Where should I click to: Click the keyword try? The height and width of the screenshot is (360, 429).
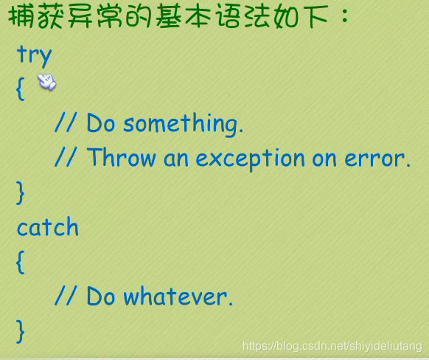[34, 56]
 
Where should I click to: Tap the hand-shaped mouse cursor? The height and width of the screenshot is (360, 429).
[46, 81]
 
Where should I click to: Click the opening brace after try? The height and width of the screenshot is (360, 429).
[21, 89]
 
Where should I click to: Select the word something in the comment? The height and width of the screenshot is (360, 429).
[183, 124]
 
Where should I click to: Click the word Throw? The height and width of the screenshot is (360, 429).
[121, 157]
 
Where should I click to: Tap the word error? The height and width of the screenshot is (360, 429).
[377, 159]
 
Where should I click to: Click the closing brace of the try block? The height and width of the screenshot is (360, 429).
[21, 193]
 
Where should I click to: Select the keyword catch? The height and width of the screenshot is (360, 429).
[48, 226]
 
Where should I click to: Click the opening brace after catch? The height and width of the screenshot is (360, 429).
[21, 262]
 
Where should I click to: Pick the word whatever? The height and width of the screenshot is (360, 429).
[178, 296]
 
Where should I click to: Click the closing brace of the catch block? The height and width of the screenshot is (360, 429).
[21, 331]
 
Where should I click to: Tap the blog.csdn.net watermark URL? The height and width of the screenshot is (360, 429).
[332, 346]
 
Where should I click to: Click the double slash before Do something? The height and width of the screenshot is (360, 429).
[65, 122]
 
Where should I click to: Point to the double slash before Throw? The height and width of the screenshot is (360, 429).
[65, 157]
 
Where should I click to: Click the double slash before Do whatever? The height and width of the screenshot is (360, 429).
[65, 295]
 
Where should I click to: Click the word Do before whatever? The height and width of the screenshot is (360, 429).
[101, 296]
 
